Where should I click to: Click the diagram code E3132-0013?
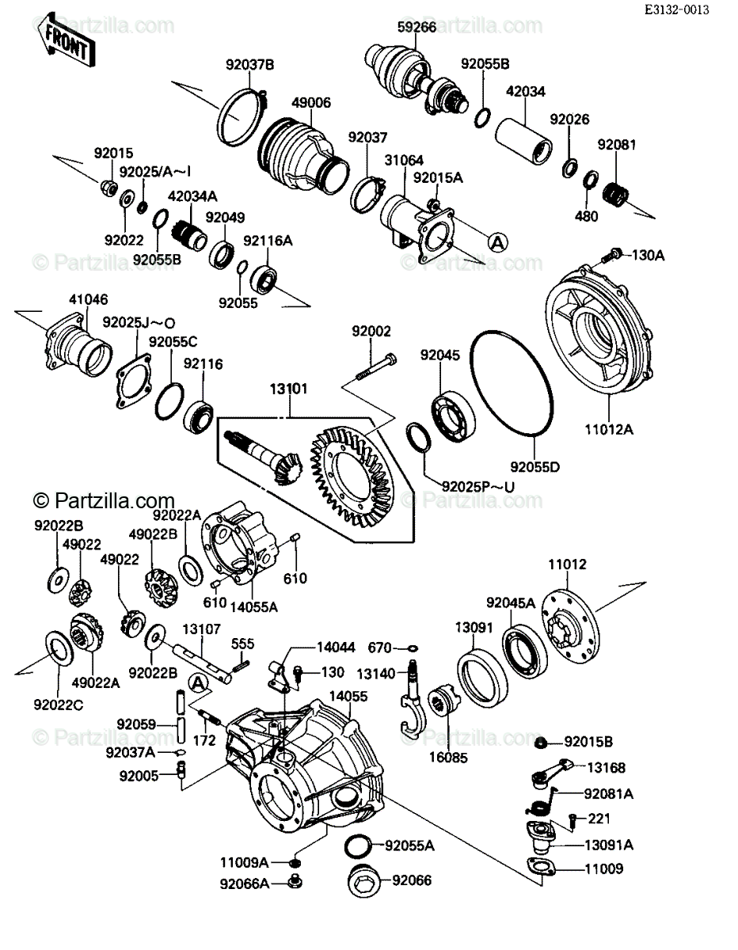point(677,9)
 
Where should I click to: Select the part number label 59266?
point(417,27)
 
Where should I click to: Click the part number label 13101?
point(288,389)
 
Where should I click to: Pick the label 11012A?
point(609,430)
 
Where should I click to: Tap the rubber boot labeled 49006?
point(303,154)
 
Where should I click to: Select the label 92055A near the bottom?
point(409,846)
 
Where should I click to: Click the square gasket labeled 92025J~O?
point(135,381)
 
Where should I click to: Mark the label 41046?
point(89,299)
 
